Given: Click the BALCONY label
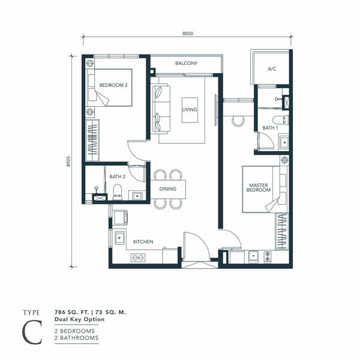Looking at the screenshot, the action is [x=186, y=63].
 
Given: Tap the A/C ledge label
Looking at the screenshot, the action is [x=272, y=69].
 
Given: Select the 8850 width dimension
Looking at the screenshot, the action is [x=188, y=34].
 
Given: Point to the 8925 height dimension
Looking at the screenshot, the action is [x=68, y=161].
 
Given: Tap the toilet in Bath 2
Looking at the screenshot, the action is [x=118, y=192].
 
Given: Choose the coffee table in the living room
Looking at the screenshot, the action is [x=190, y=110].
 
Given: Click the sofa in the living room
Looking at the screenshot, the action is [x=161, y=109].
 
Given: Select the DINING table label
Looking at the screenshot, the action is [x=168, y=189].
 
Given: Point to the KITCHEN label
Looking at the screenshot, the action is [x=143, y=242].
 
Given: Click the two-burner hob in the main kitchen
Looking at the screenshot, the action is [x=138, y=257].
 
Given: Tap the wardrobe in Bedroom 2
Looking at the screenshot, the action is [x=92, y=140].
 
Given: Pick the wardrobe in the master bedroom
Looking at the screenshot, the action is [x=282, y=232].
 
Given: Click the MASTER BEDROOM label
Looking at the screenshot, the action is [x=259, y=188].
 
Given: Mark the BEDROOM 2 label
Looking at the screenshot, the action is [x=113, y=85].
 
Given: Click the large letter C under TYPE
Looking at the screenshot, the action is [x=32, y=332].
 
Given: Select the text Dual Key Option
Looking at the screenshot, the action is [x=79, y=319].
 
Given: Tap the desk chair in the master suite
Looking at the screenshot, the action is [x=238, y=121].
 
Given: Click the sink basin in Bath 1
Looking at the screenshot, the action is [x=284, y=143].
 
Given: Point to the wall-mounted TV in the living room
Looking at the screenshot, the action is [x=216, y=110].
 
